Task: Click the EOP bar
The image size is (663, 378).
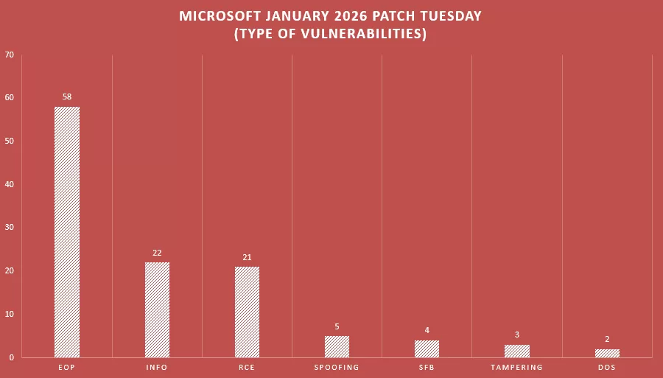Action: tap(67, 232)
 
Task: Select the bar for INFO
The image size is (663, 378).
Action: tap(157, 309)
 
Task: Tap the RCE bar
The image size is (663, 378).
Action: tap(247, 312)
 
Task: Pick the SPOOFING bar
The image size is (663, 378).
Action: tap(337, 346)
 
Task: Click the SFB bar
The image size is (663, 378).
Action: tap(427, 349)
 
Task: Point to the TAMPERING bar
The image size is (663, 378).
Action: tap(516, 351)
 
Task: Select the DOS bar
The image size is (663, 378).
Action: tap(607, 353)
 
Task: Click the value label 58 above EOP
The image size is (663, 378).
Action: tap(67, 97)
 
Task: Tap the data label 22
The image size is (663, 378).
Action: tap(157, 253)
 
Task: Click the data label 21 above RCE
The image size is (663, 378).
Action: tap(247, 257)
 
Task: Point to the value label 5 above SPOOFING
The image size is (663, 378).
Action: tap(337, 326)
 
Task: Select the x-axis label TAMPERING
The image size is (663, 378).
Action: tap(516, 367)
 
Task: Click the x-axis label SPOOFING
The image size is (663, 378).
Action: tap(337, 367)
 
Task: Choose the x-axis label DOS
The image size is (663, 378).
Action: tap(607, 367)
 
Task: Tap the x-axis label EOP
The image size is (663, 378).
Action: tap(67, 367)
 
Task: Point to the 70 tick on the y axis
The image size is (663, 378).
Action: tap(9, 55)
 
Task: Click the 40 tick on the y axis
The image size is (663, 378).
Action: tap(9, 184)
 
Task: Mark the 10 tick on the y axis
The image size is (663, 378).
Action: tap(9, 314)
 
